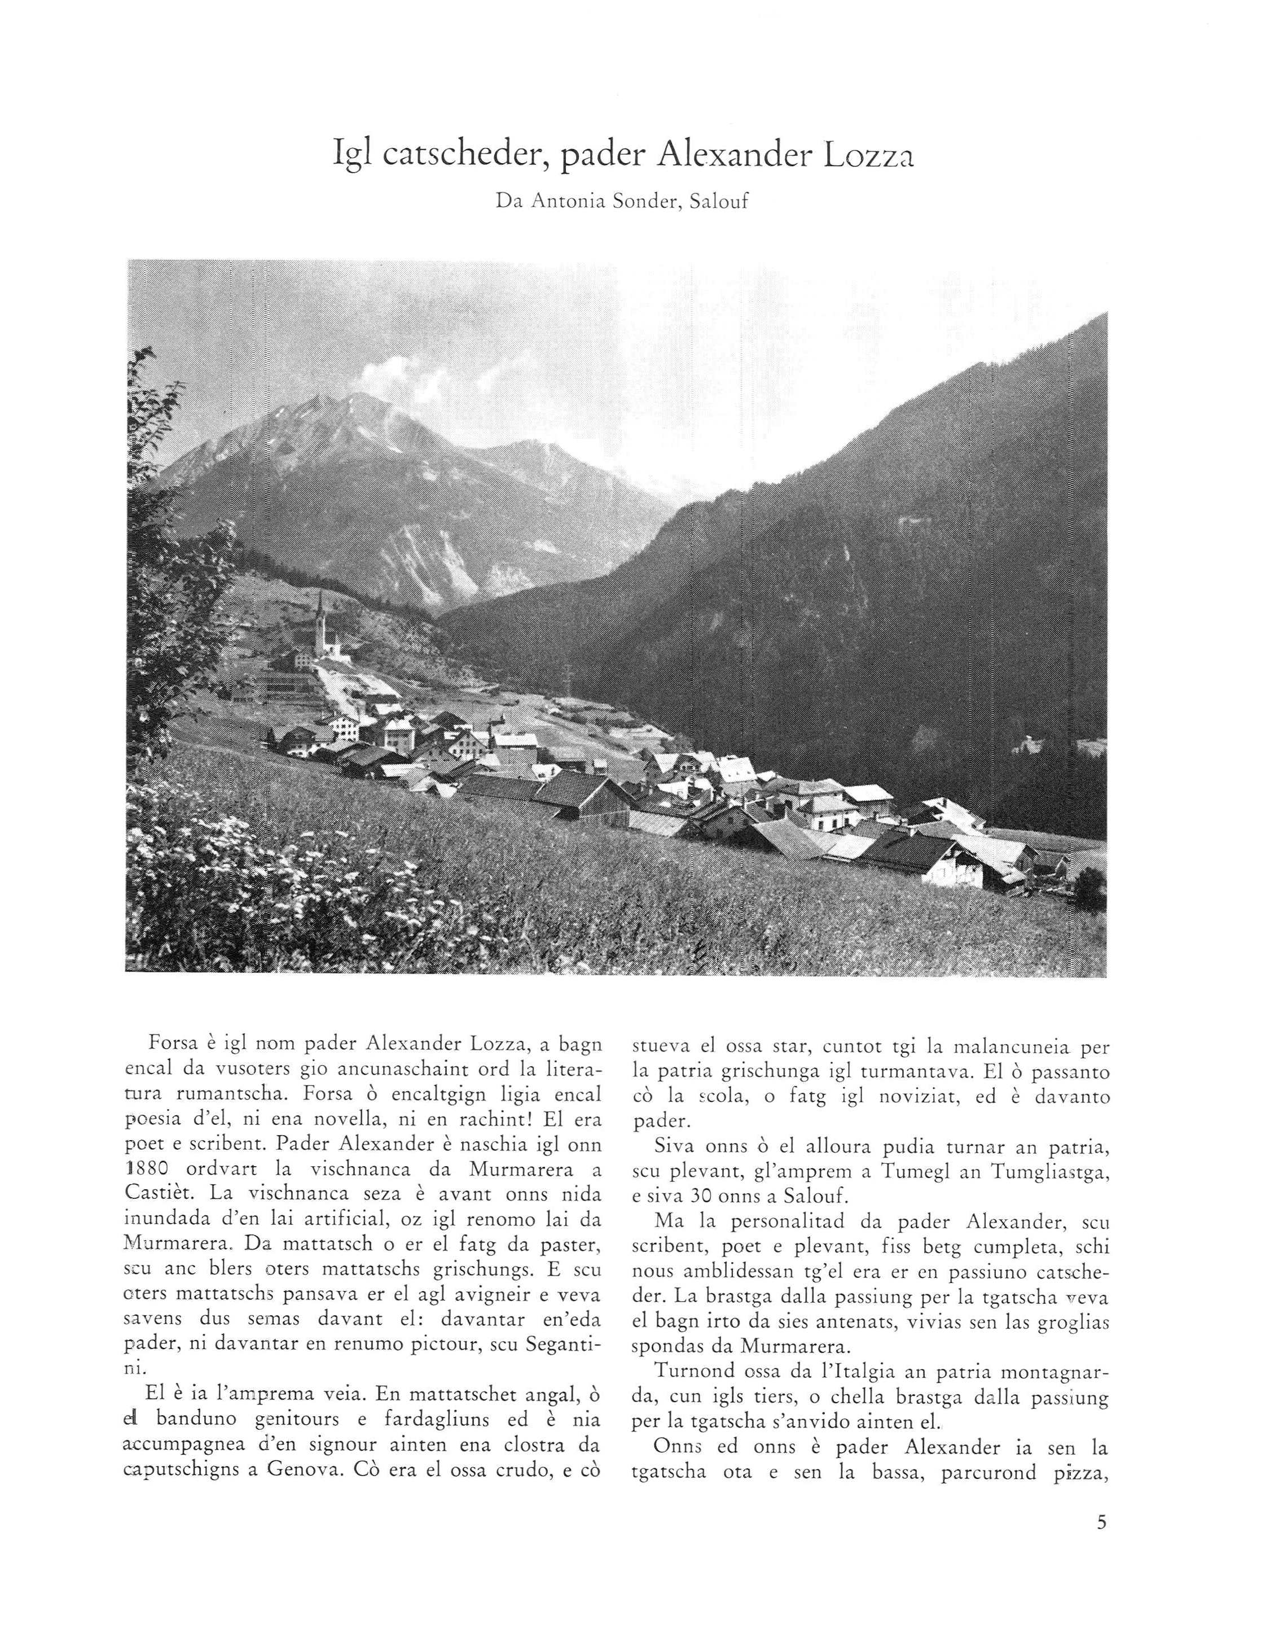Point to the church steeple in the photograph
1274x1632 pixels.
tap(321, 609)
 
